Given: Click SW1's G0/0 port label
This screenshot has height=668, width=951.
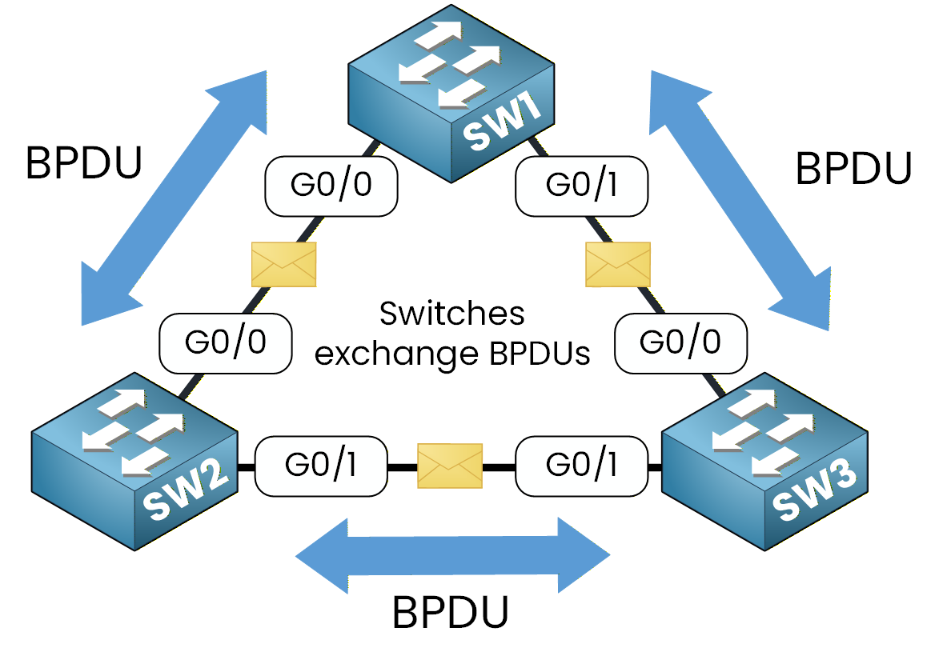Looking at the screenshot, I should [x=331, y=185].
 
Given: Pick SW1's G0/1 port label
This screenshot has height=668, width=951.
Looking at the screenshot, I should [x=582, y=185].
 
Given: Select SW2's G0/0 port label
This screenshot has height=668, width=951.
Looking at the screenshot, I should [x=226, y=342].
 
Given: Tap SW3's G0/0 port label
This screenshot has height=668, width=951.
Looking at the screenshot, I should [x=680, y=342].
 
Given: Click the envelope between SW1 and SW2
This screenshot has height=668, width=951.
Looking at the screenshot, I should [x=283, y=264].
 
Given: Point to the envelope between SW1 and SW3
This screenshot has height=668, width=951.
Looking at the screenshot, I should [x=618, y=264].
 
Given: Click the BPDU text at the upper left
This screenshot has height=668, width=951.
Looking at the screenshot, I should [x=84, y=164].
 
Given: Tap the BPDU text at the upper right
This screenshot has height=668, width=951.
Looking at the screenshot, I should [x=853, y=169].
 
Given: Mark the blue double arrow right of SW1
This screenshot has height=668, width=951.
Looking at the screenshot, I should [x=739, y=200].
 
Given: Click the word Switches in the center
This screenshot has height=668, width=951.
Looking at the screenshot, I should [x=452, y=314].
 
